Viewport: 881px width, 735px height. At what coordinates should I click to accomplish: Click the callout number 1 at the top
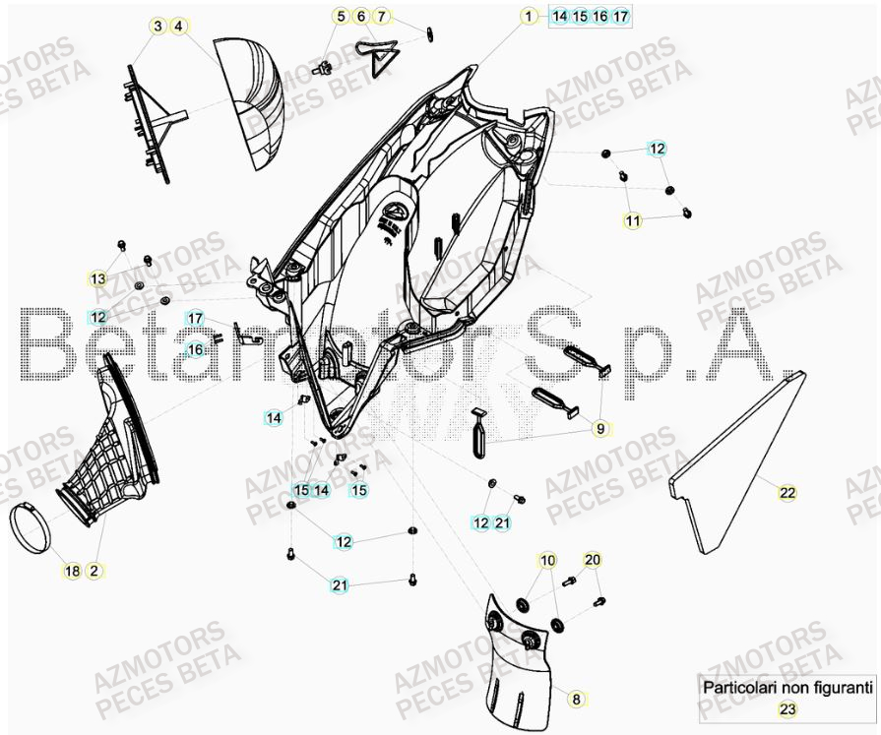(x=529, y=16)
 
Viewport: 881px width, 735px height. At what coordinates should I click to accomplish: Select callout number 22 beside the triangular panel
(x=787, y=493)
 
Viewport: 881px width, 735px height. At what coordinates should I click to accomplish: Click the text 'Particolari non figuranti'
(x=787, y=688)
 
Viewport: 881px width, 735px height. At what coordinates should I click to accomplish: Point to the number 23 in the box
(x=787, y=708)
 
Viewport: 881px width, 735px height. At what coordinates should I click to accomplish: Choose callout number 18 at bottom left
(x=73, y=571)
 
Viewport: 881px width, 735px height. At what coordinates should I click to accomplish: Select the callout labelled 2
(x=94, y=571)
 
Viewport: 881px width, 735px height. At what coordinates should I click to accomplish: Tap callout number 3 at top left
(x=157, y=27)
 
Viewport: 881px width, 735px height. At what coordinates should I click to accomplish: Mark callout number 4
(x=178, y=27)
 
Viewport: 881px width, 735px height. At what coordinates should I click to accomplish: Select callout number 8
(x=577, y=699)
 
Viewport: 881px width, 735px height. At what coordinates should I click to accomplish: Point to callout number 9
(x=600, y=429)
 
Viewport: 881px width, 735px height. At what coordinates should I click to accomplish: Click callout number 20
(x=591, y=560)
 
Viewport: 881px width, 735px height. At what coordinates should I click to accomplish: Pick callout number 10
(x=547, y=561)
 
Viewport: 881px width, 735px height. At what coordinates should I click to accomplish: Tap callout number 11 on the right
(x=632, y=221)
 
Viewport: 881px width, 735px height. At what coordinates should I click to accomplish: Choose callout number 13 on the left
(x=97, y=279)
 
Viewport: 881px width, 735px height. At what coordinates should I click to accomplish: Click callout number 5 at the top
(x=341, y=16)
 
